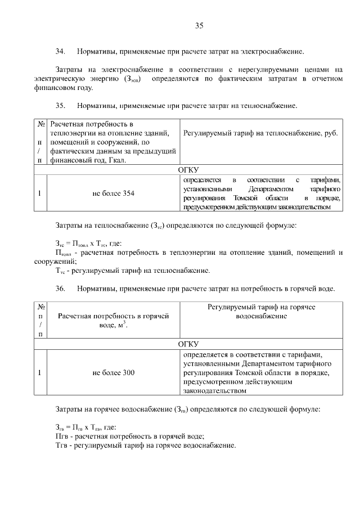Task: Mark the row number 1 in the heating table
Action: click(39, 193)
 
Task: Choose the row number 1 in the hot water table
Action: click(39, 372)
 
